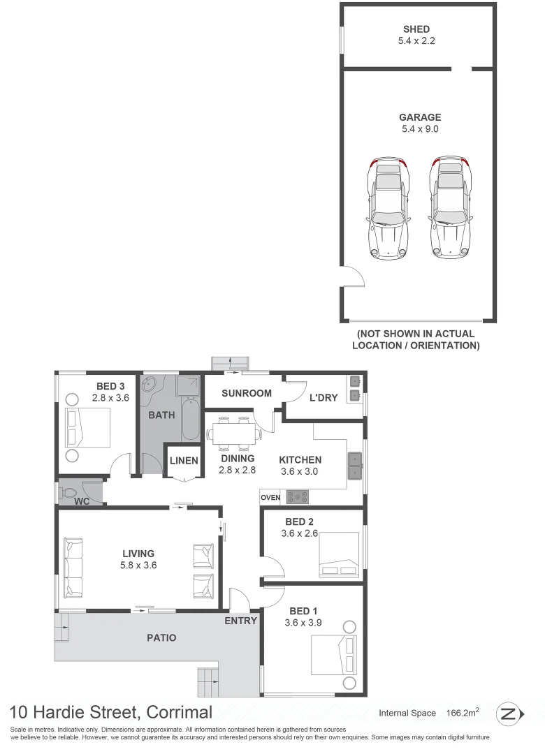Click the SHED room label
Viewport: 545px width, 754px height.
point(416,29)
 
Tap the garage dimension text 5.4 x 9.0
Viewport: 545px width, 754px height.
point(419,128)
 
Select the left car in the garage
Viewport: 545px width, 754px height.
point(387,207)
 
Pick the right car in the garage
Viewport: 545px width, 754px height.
point(450,207)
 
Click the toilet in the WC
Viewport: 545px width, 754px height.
point(69,492)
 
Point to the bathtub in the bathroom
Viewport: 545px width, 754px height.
point(191,419)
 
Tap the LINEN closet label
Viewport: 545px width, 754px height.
point(184,461)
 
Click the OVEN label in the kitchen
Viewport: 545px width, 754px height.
point(270,498)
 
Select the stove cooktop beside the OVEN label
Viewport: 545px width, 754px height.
point(298,498)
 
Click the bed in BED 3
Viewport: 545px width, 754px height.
point(88,428)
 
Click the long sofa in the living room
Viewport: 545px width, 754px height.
point(73,567)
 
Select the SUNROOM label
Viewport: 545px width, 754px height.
point(247,393)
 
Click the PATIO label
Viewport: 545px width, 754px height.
point(161,637)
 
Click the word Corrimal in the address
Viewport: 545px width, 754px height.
point(177,712)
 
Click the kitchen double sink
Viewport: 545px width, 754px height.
point(354,466)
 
